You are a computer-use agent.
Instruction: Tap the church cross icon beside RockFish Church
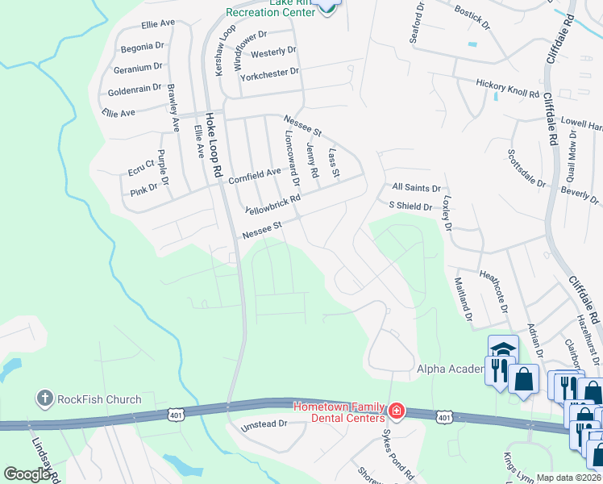tap(44, 398)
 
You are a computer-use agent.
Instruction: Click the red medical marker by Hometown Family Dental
tap(396, 411)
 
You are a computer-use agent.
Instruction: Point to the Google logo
tap(27, 474)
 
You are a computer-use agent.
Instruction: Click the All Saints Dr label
tap(416, 188)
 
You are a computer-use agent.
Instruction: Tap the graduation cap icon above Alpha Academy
tap(502, 348)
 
